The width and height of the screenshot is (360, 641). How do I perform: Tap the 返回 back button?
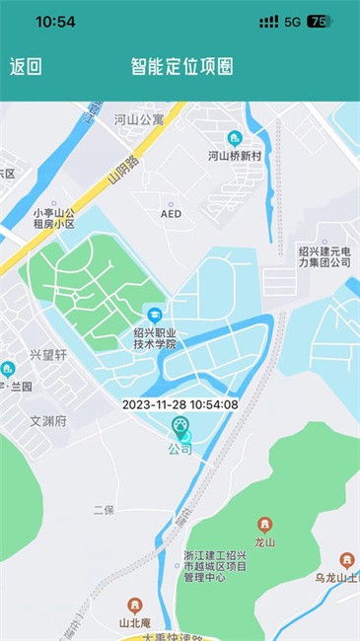26,67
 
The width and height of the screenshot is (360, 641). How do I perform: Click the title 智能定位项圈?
182,67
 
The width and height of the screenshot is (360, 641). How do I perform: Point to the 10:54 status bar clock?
55,21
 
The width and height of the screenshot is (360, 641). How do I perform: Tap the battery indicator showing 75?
319,21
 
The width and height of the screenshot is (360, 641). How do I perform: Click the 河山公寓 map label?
138,120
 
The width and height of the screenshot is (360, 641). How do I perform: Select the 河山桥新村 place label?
235,156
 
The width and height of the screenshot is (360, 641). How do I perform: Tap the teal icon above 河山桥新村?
235,138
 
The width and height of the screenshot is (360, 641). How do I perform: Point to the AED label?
171,213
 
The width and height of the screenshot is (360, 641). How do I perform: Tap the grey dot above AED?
171,197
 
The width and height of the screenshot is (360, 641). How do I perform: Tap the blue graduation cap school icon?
154,314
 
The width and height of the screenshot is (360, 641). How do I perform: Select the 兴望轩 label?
48,354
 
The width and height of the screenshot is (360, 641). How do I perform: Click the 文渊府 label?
47,421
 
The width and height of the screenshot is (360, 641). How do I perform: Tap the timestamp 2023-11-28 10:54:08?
180,404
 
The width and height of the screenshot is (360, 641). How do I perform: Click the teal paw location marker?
180,427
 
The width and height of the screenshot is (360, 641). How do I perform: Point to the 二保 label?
104,510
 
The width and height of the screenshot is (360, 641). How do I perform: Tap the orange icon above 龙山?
263,525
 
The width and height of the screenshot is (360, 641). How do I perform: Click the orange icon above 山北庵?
133,604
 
